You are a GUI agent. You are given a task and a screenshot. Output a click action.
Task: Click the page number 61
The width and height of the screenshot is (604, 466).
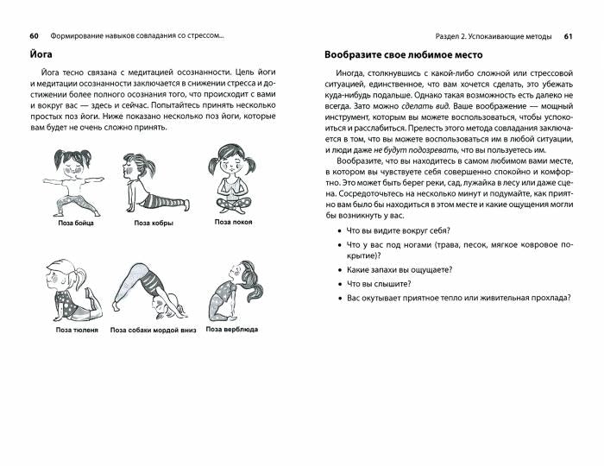[568, 36]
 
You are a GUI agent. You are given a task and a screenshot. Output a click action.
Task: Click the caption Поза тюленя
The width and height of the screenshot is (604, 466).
[77, 330]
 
